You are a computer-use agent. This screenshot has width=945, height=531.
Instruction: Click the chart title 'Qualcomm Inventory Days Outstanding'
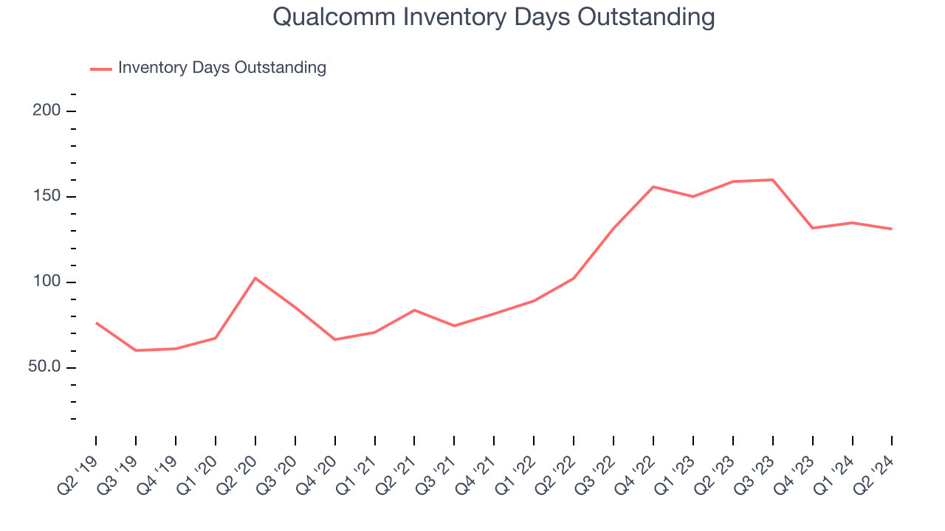pyautogui.click(x=493, y=17)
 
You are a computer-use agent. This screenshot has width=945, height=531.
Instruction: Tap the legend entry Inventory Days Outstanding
pyautogui.click(x=221, y=68)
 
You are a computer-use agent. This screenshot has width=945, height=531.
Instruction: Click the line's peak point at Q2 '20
pyautogui.click(x=255, y=278)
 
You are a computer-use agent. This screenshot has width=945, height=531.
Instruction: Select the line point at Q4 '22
pyautogui.click(x=653, y=187)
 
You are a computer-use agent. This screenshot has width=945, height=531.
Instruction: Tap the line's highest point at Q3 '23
pyautogui.click(x=773, y=180)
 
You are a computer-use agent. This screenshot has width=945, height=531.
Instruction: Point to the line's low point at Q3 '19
pyautogui.click(x=136, y=350)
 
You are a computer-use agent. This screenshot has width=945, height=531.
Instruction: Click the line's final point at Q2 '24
pyautogui.click(x=892, y=229)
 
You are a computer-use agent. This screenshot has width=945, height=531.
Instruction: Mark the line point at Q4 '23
pyautogui.click(x=813, y=228)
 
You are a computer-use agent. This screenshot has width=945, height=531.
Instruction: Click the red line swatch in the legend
pyautogui.click(x=101, y=69)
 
